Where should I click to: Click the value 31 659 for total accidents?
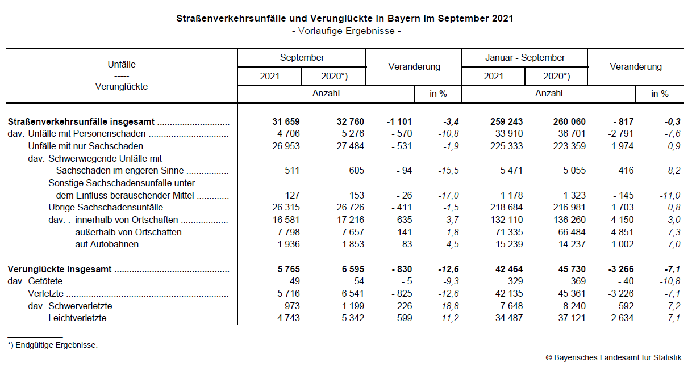point(286,122)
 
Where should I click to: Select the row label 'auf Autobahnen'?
point(107,245)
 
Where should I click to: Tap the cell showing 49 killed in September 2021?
point(293,281)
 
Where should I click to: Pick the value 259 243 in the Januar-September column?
point(506,122)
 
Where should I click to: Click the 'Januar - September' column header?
point(524,58)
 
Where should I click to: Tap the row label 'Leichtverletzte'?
point(77,318)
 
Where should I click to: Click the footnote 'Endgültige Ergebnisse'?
point(55,345)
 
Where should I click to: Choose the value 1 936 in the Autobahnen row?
point(286,245)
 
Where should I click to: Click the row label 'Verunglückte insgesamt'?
point(60,269)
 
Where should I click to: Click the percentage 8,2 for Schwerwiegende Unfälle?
point(674,171)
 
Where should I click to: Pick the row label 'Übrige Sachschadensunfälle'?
point(106,208)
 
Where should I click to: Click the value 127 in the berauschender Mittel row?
point(291,196)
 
